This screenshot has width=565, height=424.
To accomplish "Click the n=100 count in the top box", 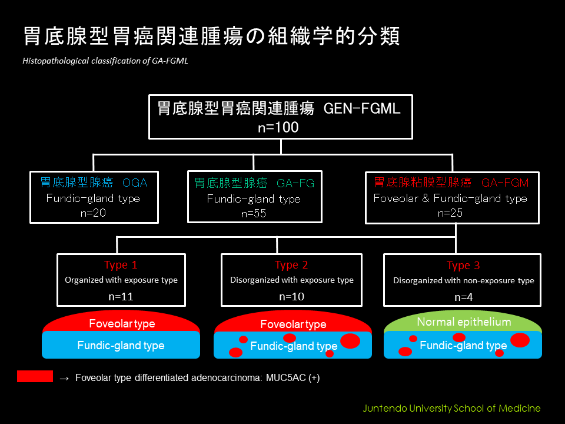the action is (x=278, y=127).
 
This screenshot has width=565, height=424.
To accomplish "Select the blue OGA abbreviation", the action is (x=135, y=183).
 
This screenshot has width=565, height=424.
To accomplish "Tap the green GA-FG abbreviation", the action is (x=295, y=183).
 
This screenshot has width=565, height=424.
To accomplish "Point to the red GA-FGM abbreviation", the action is (x=505, y=183).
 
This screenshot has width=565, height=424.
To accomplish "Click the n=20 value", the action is (x=93, y=213).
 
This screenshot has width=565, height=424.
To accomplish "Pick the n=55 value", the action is (x=254, y=213).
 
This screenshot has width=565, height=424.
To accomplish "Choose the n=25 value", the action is (x=450, y=213).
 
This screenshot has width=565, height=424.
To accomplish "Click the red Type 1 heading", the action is (x=121, y=265).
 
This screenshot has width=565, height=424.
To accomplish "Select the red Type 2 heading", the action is (x=291, y=265).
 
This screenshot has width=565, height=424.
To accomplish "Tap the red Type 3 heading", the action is (x=463, y=266).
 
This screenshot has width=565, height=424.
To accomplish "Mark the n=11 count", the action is (x=121, y=297).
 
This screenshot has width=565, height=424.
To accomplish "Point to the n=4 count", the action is (x=463, y=297).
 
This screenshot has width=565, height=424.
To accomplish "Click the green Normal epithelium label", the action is (x=464, y=322).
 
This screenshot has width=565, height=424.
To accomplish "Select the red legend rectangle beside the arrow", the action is (x=35, y=376).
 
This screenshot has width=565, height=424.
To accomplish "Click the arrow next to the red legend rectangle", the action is (x=64, y=378).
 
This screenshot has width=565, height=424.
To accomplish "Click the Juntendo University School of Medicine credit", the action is (x=451, y=408).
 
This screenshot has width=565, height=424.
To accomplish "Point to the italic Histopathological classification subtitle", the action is (x=105, y=61).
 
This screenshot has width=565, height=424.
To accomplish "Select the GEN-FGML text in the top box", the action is (x=362, y=108).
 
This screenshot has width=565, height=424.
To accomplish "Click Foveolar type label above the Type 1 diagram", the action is (x=122, y=324).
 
